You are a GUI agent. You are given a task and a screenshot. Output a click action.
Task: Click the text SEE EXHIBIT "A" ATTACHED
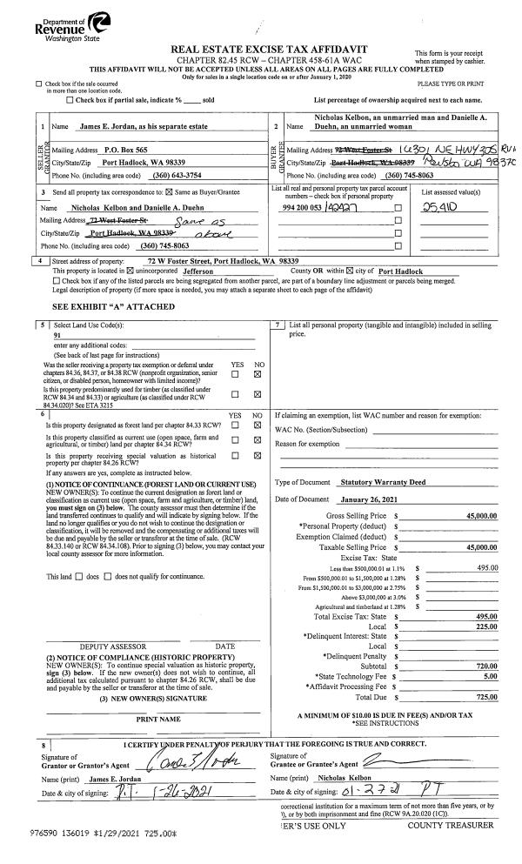[101, 331]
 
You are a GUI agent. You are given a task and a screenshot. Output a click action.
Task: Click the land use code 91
[57, 358]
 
